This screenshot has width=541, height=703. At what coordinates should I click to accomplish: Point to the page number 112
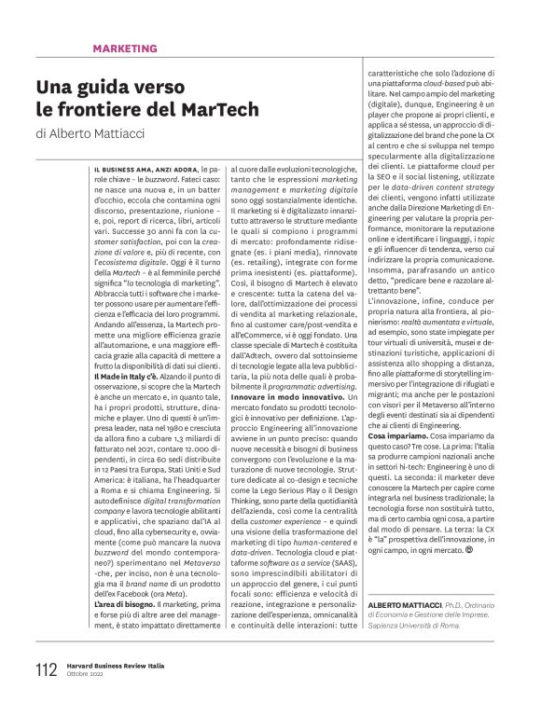(x=46, y=669)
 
